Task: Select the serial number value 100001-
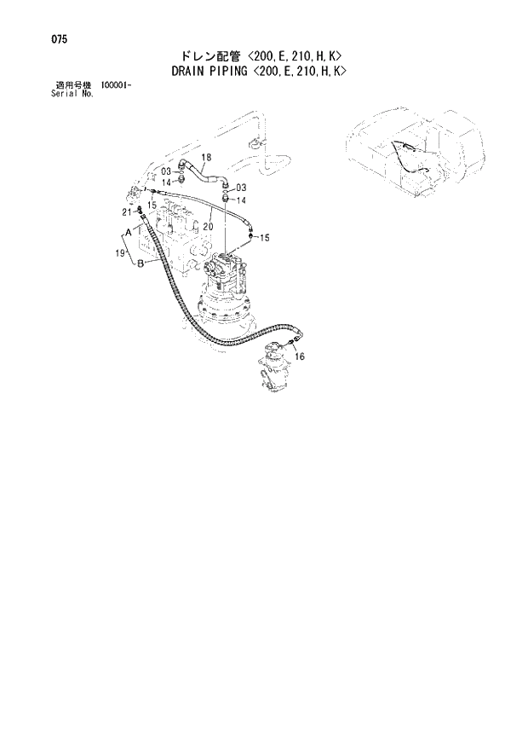pyautogui.click(x=118, y=85)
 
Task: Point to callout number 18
pyautogui.click(x=205, y=156)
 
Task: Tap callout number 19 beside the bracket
pyautogui.click(x=120, y=252)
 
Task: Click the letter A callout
pyautogui.click(x=128, y=232)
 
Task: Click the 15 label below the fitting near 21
pyautogui.click(x=152, y=206)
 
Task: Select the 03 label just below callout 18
pyautogui.click(x=167, y=171)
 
